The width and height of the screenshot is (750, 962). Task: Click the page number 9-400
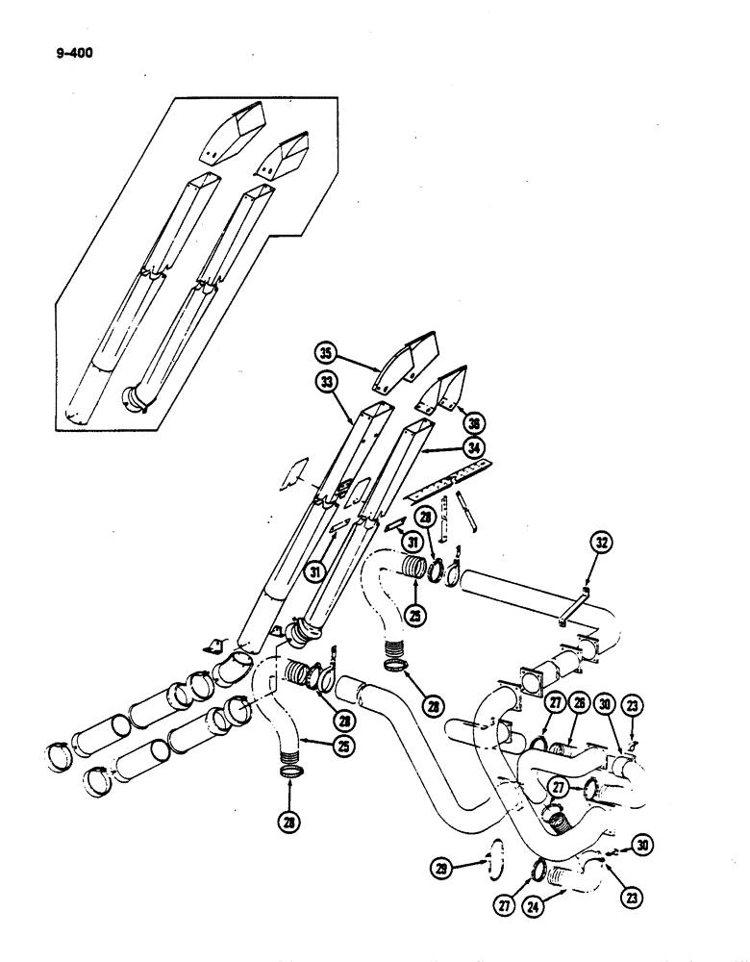[68, 41]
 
